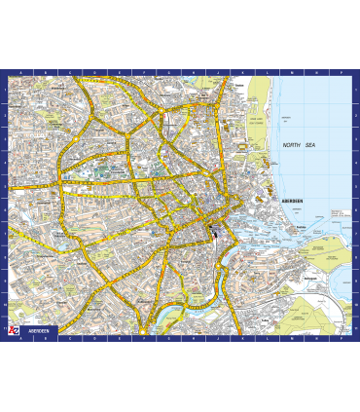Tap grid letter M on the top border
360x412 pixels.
(275, 73)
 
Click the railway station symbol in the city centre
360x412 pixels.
(213, 231)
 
